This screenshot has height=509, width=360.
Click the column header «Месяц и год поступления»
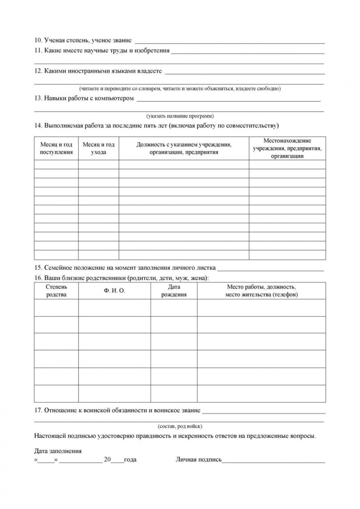(56, 148)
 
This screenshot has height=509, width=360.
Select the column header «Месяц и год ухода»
(98, 148)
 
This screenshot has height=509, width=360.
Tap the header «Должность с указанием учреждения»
(184, 148)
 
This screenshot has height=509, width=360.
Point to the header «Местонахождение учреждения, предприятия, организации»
(287, 148)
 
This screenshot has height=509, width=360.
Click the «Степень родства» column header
(56, 291)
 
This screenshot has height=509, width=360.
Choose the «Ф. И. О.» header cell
(114, 291)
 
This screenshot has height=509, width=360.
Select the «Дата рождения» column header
(174, 291)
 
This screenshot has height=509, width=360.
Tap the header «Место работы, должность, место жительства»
(262, 291)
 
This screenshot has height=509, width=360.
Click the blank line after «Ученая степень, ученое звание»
(230, 42)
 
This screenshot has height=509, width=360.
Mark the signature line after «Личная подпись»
(273, 461)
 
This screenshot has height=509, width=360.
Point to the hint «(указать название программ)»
(180, 116)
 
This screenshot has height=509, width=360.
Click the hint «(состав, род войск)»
(180, 426)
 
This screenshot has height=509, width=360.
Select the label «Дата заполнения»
(58, 451)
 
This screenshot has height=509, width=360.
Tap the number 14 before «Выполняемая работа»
(37, 126)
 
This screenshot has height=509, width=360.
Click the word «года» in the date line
(130, 460)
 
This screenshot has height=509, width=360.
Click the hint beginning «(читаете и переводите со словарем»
(180, 89)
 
